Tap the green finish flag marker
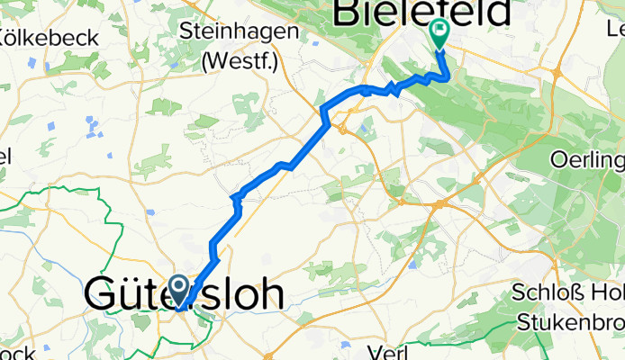pyautogui.click(x=439, y=32)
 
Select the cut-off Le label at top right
pyautogui.click(x=615, y=30)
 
